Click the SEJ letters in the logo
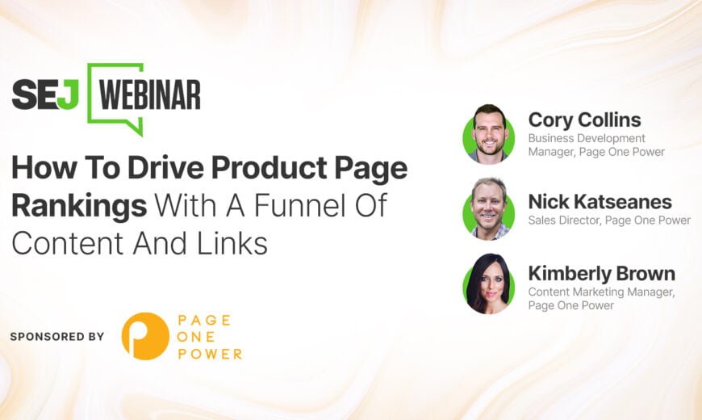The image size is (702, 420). tap(45, 94)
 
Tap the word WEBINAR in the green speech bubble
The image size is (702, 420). tap(150, 94)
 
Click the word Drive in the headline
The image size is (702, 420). tap(165, 168)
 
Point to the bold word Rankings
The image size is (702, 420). tap(79, 206)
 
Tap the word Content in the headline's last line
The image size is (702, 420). tap(67, 243)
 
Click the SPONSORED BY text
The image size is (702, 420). tap(56, 337)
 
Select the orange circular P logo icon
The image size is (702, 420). tap(145, 336)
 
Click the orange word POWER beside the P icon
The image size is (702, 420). tap(210, 354)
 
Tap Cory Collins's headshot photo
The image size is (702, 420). tap(489, 133)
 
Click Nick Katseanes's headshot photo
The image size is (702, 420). tap(489, 209)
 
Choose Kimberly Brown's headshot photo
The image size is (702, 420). tap(489, 283)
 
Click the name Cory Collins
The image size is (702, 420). tap(585, 120)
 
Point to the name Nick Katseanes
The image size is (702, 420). tap(600, 202)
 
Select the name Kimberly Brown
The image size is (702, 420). tap(602, 274)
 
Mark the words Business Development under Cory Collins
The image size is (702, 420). tap(587, 138)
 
